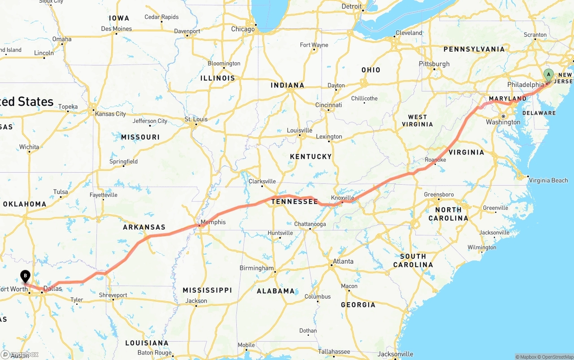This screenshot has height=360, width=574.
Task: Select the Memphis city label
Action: pyautogui.click(x=213, y=222)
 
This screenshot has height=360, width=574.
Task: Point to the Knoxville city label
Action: pyautogui.click(x=342, y=198)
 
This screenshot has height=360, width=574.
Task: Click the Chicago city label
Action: pyautogui.click(x=243, y=29)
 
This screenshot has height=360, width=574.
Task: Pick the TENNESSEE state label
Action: pyautogui.click(x=294, y=202)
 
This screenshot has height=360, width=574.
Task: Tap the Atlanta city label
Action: pyautogui.click(x=343, y=261)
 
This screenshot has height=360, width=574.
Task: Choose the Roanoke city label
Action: pyautogui.click(x=435, y=160)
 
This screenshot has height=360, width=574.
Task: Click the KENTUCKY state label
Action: pyautogui.click(x=310, y=156)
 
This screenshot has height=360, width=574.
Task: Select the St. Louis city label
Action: pyautogui.click(x=196, y=119)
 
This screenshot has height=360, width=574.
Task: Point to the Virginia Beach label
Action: pyautogui.click(x=548, y=180)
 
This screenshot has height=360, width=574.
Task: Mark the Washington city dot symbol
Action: pyautogui.click(x=504, y=116)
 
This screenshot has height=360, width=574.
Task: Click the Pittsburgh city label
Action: pyautogui.click(x=434, y=64)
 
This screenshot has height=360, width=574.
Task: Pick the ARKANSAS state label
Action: pyautogui.click(x=144, y=227)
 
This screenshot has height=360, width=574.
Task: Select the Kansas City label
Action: pyautogui.click(x=110, y=114)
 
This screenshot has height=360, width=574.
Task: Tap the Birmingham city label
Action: pyautogui.click(x=257, y=268)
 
